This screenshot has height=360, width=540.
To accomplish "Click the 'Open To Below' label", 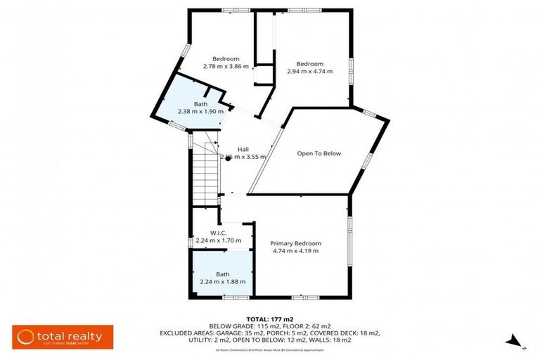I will (319, 153).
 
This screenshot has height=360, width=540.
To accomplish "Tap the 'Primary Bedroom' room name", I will (295, 243).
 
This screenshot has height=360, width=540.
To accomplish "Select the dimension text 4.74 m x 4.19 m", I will (295, 251).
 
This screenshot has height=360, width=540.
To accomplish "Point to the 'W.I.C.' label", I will (217, 233).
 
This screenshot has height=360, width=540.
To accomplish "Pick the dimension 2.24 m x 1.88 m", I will (222, 281).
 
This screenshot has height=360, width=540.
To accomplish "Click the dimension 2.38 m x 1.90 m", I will (200, 111).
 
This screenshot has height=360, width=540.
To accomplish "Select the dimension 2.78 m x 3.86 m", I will (226, 67).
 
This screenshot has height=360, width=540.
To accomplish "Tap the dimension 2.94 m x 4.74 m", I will (309, 71).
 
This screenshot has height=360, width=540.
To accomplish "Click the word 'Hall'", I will (243, 149).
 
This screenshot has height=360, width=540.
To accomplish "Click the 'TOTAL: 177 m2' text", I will (270, 319).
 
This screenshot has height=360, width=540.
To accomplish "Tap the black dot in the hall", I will (229, 158).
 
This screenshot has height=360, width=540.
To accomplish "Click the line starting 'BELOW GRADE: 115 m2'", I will (270, 326).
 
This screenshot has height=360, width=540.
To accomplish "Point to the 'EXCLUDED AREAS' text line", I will (270, 333).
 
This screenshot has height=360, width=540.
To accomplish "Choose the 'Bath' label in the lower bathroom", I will (222, 274).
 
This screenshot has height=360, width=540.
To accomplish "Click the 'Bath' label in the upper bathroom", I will (200, 104).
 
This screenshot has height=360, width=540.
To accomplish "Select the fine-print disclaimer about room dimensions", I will (270, 349).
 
